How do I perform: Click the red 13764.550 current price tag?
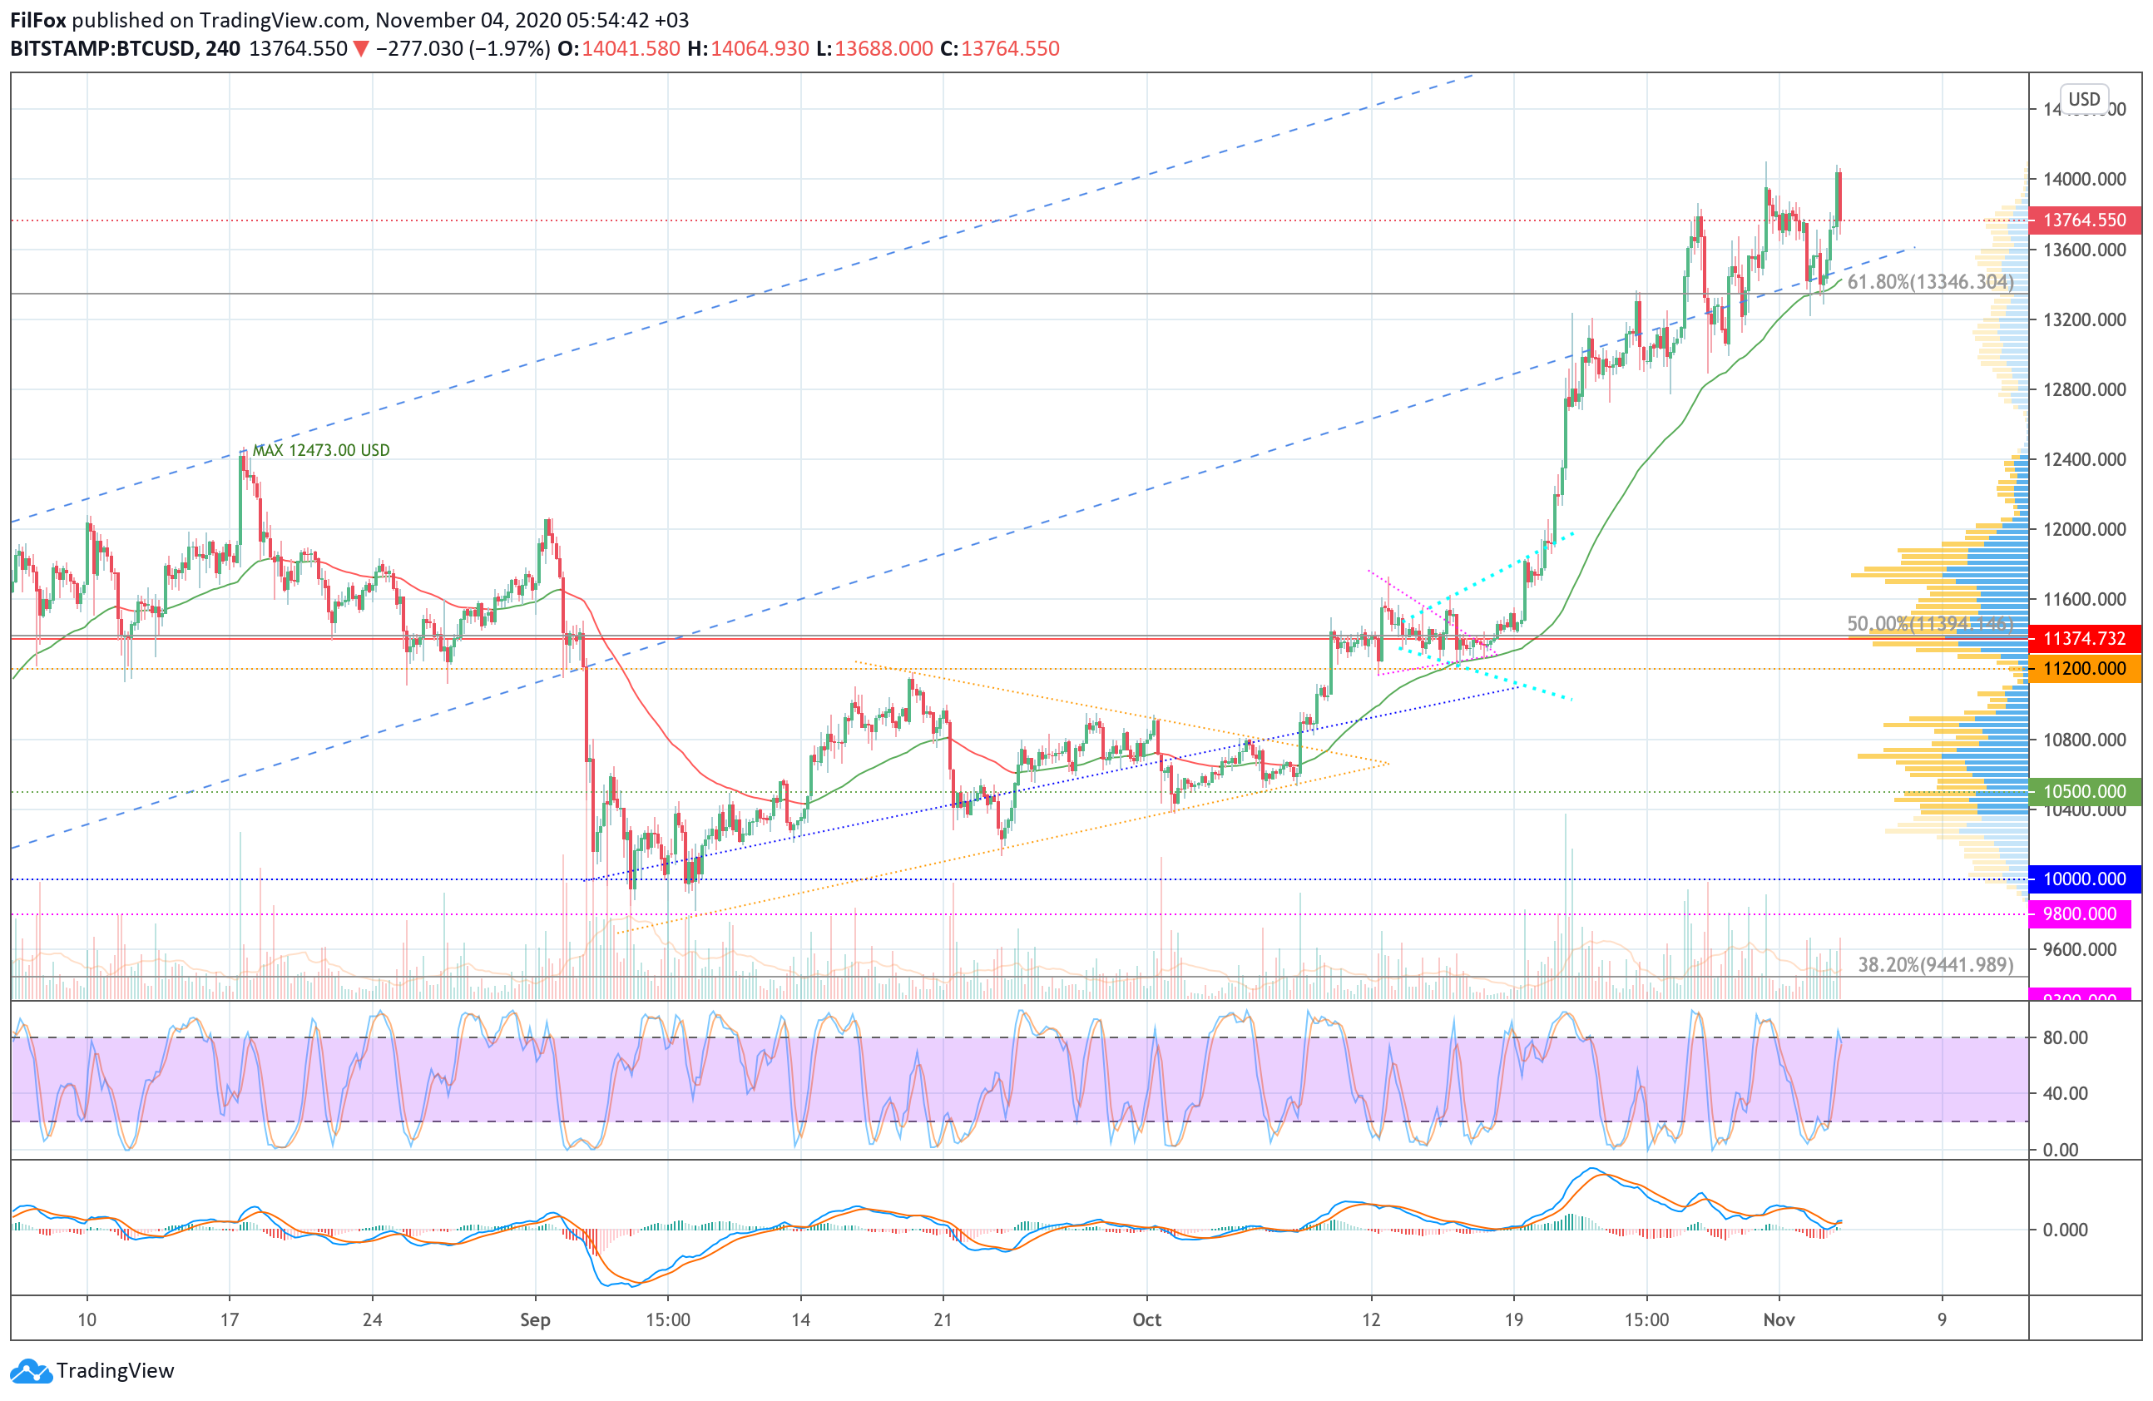point(2083,220)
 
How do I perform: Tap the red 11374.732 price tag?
point(2083,639)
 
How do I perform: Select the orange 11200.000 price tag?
point(2083,668)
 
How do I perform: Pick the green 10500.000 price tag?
point(2083,791)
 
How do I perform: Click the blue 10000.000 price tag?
point(2083,879)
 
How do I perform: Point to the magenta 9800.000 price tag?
point(2079,914)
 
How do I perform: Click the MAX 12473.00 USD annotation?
point(320,450)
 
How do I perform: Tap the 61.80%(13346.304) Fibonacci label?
point(1929,282)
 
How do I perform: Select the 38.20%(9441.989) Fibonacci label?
point(1935,965)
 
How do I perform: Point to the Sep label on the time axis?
point(535,1319)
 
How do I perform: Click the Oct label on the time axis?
point(1146,1319)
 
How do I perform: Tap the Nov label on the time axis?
point(1779,1319)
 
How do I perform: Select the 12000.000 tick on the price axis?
point(2084,529)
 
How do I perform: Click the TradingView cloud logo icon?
point(32,1371)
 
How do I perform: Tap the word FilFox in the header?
point(38,20)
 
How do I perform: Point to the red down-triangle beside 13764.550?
point(361,50)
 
